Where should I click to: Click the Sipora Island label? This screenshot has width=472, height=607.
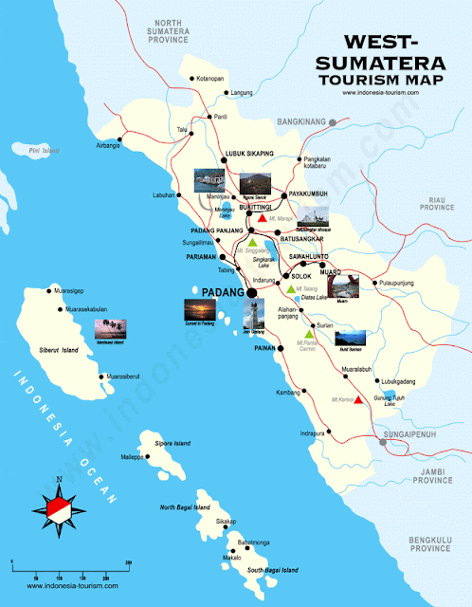click(x=170, y=443)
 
